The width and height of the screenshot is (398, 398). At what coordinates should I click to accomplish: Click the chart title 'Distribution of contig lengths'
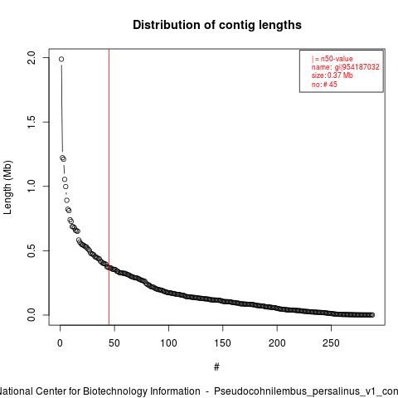point(217,25)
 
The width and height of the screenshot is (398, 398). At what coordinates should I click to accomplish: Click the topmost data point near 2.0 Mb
point(61,59)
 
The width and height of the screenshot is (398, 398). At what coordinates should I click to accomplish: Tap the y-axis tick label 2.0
point(32,58)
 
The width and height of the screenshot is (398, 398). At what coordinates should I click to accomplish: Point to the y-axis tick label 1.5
point(32,122)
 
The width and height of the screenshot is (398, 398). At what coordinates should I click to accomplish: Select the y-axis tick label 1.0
point(32,186)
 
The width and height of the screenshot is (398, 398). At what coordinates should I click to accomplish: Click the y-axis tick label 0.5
point(32,250)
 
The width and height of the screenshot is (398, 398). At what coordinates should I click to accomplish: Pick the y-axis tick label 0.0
point(32,315)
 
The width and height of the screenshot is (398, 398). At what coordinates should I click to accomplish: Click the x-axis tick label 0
point(60,343)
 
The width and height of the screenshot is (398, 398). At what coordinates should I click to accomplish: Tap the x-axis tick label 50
point(114,343)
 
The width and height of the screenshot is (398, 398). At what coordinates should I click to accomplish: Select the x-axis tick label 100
point(168,343)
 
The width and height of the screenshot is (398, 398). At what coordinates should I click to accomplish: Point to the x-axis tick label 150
point(223,343)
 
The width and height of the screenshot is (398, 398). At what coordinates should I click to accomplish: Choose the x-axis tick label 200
point(277,343)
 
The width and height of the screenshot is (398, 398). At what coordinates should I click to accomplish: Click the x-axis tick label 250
point(331,343)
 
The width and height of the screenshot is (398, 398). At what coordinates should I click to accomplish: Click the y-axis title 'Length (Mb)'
point(7,187)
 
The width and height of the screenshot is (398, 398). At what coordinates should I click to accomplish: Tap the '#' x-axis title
point(216,367)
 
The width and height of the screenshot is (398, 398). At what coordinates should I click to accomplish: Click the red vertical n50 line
point(109,187)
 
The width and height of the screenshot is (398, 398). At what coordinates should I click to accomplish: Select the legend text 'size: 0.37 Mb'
point(332,75)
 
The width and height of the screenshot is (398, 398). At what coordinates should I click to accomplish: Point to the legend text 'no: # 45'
point(324,85)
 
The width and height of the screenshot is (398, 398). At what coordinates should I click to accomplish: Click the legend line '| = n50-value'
point(332,59)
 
